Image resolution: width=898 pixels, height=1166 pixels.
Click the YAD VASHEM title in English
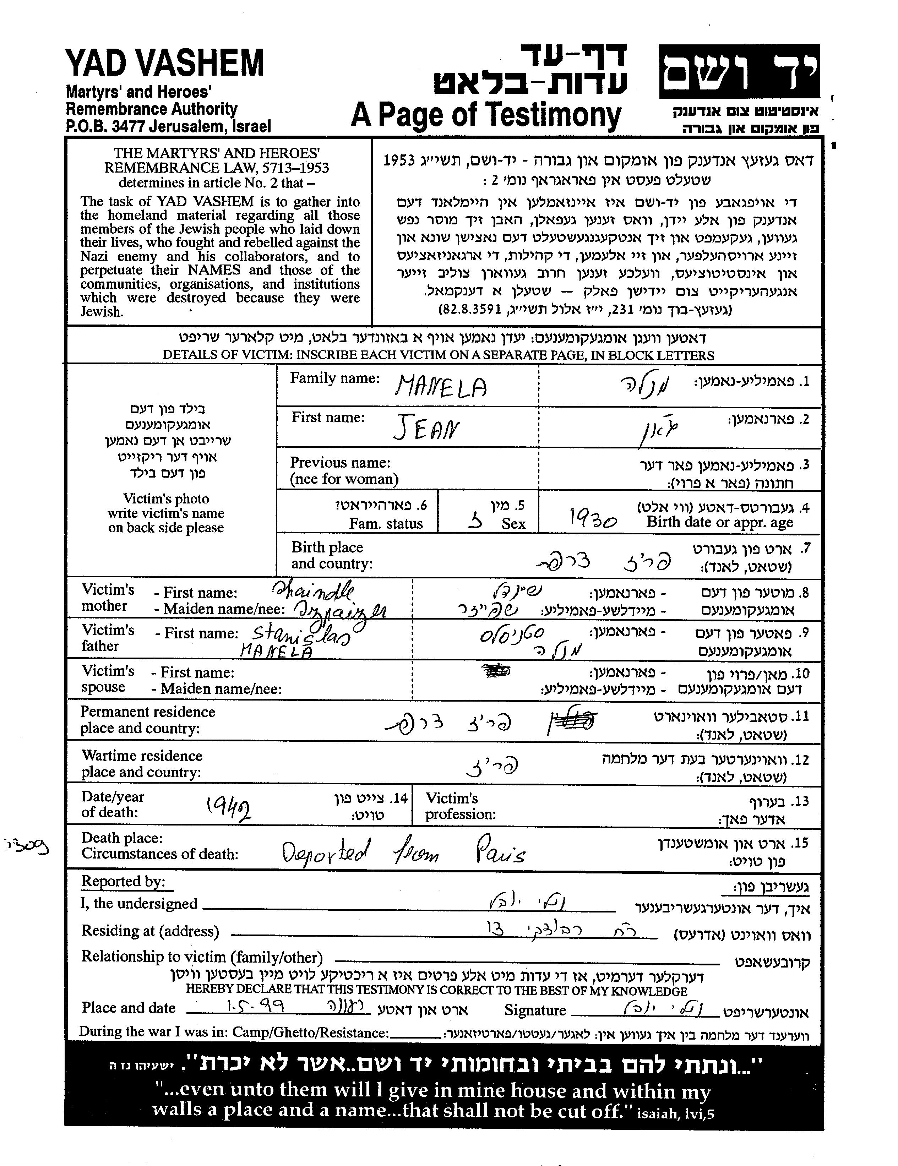point(164,63)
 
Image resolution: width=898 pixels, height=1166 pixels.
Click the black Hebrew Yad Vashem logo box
point(739,71)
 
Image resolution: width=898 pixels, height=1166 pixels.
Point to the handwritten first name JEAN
point(426,429)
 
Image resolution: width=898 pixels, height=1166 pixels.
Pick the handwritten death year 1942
point(230,810)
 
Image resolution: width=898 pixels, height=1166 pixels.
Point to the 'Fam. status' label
point(386,524)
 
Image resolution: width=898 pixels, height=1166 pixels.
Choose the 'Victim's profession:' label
point(460,806)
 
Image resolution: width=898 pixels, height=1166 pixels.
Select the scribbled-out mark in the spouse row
point(496,671)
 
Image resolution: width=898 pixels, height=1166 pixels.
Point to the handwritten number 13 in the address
point(495,930)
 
